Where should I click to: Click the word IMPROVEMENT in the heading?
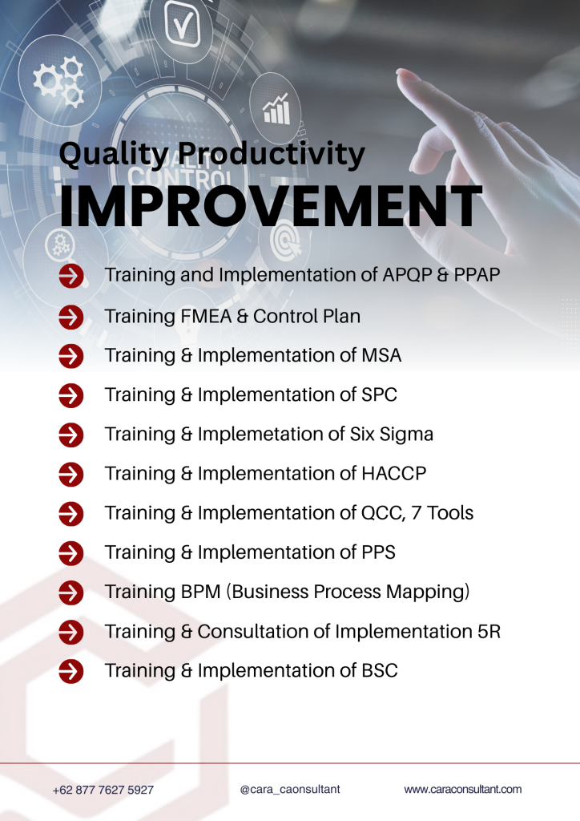271,206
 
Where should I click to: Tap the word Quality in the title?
114,155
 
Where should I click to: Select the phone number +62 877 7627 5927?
103,790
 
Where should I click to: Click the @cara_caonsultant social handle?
290,789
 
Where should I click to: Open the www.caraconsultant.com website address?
463,789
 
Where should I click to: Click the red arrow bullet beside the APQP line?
71,276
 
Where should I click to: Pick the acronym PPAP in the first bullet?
477,274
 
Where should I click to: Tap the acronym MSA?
381,355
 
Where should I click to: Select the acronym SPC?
379,394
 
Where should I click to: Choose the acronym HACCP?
393,473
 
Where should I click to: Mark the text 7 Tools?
442,512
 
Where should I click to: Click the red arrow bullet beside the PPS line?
71,553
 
